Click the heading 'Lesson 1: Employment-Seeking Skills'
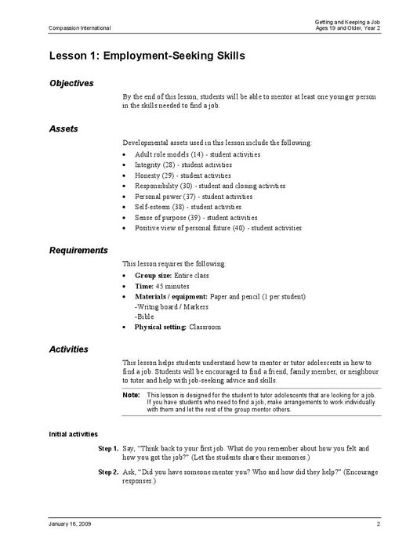point(147,56)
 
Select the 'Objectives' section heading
point(71,83)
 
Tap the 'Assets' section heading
point(63,128)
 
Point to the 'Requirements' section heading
point(78,250)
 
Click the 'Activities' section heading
point(69,349)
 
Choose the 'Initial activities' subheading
point(74,433)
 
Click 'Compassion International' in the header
point(80,28)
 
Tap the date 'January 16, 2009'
point(71,523)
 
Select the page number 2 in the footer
point(378,523)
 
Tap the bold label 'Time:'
point(144,287)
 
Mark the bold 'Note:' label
point(131,395)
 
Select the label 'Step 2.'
point(108,473)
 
